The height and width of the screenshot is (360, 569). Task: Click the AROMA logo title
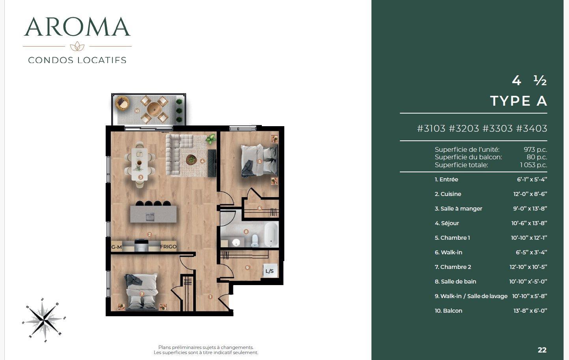pos(77,27)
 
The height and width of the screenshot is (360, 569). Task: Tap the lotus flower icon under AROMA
pos(77,47)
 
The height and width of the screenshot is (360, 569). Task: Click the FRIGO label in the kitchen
pos(168,247)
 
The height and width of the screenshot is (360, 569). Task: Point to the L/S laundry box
pos(270,271)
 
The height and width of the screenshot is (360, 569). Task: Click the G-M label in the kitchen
pos(116,247)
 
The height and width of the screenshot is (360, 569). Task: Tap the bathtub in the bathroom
pos(271,233)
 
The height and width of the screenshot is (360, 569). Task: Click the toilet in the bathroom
pos(255,240)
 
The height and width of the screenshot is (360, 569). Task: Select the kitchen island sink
pos(150,216)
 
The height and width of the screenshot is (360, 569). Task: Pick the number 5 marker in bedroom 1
pos(259,161)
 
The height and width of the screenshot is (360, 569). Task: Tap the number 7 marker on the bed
pos(142,294)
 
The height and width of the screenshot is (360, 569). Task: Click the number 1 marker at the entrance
pos(210,297)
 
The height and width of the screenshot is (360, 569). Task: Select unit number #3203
pos(464,129)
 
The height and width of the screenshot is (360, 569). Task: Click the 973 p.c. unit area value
pos(535,149)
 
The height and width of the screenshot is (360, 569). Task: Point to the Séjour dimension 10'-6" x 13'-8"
pos(529,223)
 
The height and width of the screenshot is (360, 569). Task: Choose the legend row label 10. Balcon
pos(448,311)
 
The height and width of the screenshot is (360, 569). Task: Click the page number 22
pos(542,350)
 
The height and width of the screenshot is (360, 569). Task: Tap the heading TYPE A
pos(519,101)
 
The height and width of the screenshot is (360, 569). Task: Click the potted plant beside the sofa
pos(211,139)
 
